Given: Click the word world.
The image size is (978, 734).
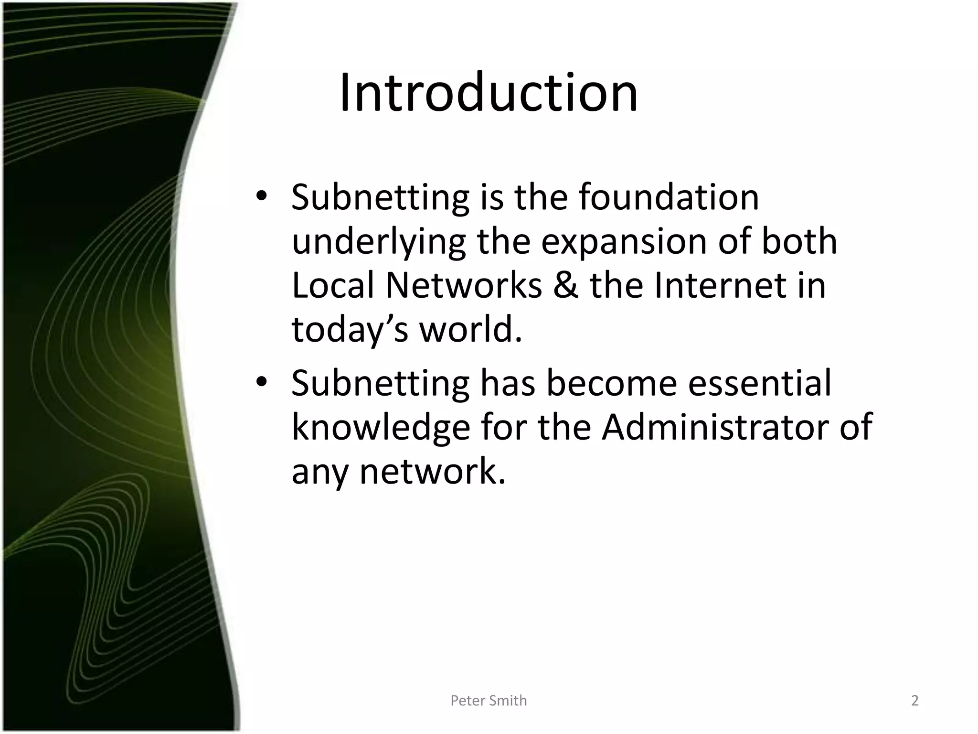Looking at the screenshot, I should point(470,330).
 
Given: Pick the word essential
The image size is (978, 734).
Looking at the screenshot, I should point(759,383).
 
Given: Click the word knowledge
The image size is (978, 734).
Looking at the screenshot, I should point(381,428).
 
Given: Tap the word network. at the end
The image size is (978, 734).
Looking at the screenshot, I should point(432,471).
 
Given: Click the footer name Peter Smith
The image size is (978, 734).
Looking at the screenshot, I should point(489,701).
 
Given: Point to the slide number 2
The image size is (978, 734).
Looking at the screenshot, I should point(914,701).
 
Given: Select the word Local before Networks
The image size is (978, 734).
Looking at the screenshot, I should point(333,286).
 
